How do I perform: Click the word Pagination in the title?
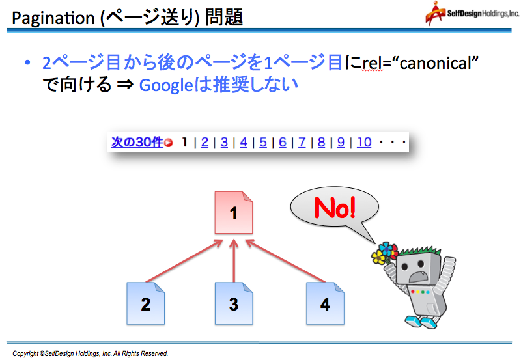pos(53,18)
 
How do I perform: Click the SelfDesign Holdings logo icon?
pos(435,13)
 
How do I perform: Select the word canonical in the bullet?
pos(436,62)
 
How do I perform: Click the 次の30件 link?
pos(137,142)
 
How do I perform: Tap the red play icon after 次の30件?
pos(169,143)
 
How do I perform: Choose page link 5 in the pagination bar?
pos(263,142)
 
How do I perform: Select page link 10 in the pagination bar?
pos(364,142)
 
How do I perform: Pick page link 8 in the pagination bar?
pos(321,142)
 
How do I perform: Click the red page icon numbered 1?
pos(234,212)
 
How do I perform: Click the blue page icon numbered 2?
pos(145,303)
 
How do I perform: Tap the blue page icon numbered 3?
pos(234,303)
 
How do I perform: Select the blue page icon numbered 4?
pos(325,303)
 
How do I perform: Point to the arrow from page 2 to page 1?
pos(184,261)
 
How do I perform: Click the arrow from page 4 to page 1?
pos(285,261)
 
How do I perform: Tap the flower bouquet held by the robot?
pos(385,253)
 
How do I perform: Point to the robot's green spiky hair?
pos(420,251)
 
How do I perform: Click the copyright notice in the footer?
pos(91,353)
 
